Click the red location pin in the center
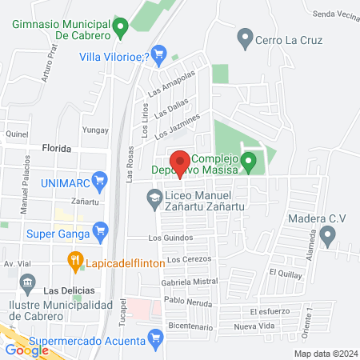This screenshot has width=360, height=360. [x=180, y=163]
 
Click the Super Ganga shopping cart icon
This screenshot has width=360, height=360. [x=100, y=234]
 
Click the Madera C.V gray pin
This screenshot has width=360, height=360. [x=326, y=235]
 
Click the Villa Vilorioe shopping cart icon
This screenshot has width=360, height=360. [x=158, y=56]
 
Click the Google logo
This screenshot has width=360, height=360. [x=26, y=350]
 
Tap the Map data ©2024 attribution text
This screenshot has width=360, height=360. [x=325, y=354]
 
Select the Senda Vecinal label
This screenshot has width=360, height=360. [x=336, y=14]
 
